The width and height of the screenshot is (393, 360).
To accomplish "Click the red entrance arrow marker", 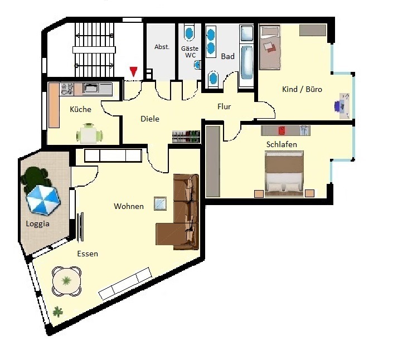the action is coord(134,72).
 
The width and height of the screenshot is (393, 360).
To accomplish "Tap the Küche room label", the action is coord(80,109).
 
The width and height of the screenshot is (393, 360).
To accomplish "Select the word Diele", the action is coord(150,119).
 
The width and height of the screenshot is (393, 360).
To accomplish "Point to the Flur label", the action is coord(224,107).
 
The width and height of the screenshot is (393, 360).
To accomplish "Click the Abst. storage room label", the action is coord(162,47).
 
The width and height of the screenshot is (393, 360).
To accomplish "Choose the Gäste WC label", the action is coord(190,52).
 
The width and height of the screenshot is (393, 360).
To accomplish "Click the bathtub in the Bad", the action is coord(247,62).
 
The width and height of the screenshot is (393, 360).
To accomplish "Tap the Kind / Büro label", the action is coord(302,89).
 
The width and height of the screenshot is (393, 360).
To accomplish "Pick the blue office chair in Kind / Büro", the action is coord(339,105).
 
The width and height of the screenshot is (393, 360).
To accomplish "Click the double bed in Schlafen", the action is coord(284,174).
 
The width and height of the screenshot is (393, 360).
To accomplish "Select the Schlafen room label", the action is coord(282,144).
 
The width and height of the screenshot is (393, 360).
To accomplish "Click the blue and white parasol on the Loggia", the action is coord(43,200).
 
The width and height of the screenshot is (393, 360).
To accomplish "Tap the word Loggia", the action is coord(37,223).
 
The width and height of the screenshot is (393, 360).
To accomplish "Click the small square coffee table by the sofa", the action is coord(160,203).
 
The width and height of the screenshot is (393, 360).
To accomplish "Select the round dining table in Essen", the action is coord(67,281).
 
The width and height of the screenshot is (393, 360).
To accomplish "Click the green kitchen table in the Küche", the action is coord(89,135).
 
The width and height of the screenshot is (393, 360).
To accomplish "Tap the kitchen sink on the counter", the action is coord(92,88).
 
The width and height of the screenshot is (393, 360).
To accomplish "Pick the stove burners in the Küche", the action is coord(67,89).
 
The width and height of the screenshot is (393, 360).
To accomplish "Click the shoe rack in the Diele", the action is coord(186,137).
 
